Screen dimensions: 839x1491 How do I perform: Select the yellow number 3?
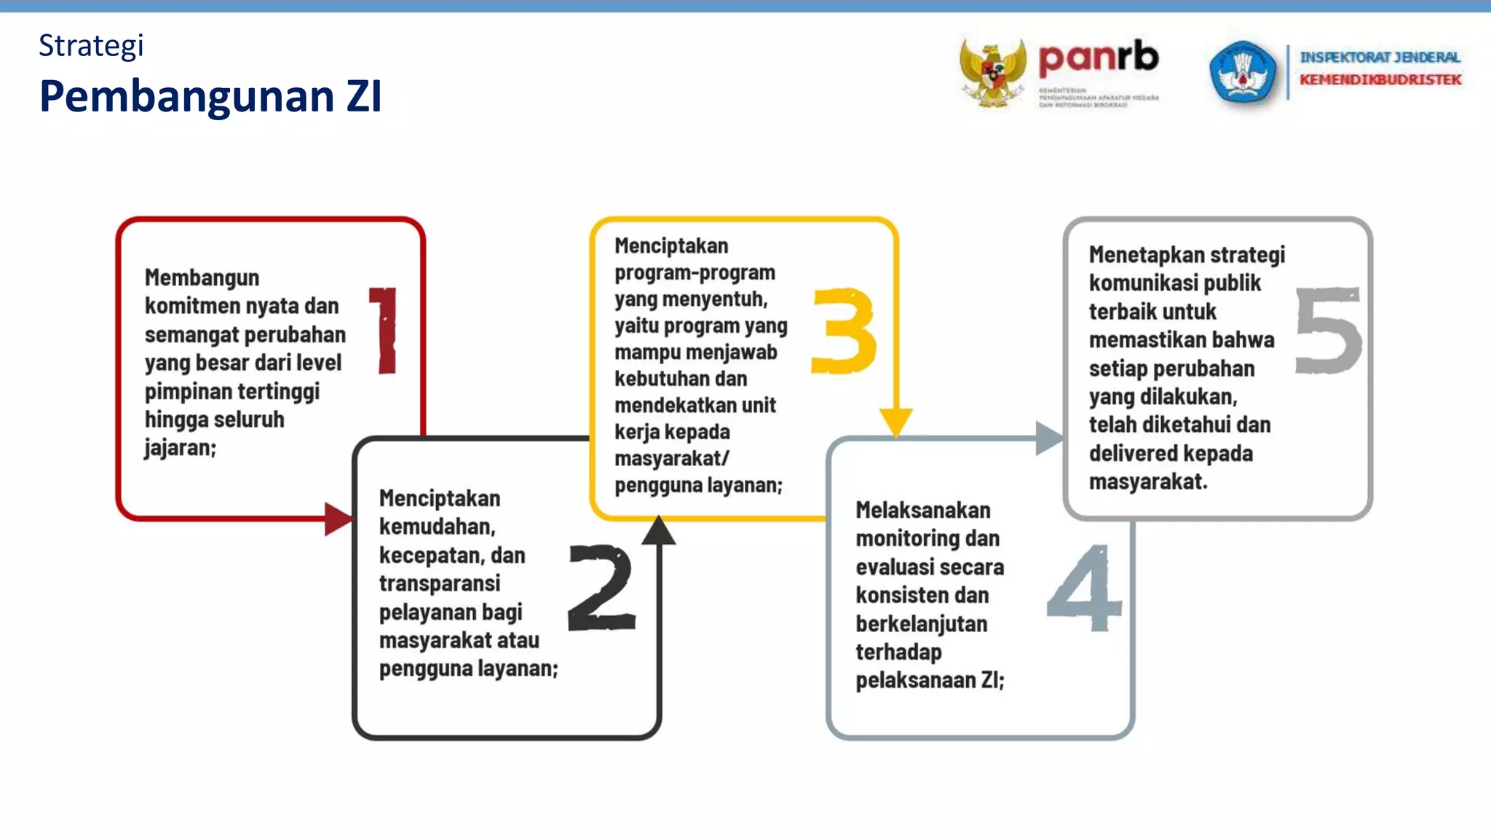click(x=844, y=331)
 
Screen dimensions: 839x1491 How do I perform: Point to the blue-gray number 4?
click(x=1084, y=588)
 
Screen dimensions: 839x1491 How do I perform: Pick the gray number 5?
click(x=1327, y=331)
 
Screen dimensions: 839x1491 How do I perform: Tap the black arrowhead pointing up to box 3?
click(x=659, y=531)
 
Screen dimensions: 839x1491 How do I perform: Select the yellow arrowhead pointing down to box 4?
click(x=896, y=421)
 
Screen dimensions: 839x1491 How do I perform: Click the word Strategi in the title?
click(x=91, y=46)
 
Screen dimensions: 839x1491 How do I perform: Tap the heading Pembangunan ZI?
click(x=210, y=96)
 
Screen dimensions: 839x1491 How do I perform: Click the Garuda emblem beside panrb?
click(x=992, y=74)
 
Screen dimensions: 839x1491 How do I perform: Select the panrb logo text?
click(x=1098, y=58)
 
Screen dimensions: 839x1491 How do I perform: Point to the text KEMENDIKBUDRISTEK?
click(x=1380, y=79)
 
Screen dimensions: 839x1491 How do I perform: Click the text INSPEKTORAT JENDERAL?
click(x=1380, y=57)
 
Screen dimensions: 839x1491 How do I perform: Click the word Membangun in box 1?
click(x=202, y=277)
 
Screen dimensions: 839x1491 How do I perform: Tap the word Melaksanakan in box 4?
click(x=922, y=510)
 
